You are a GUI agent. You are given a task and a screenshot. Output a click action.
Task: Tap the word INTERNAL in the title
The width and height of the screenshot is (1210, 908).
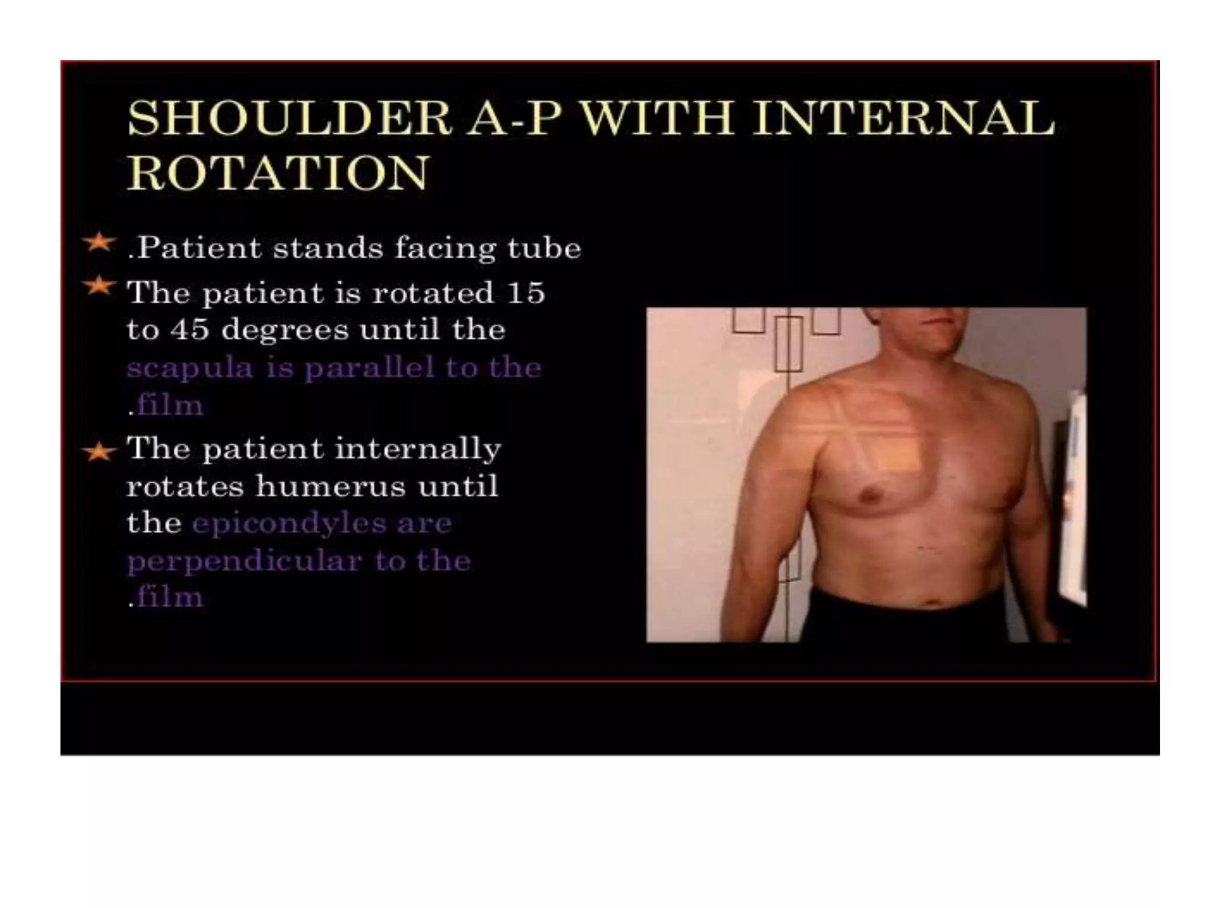coord(903,119)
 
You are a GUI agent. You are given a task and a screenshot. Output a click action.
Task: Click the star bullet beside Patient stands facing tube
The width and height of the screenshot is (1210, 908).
coord(98,242)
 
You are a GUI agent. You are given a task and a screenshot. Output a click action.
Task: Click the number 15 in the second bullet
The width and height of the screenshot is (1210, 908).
coord(525,293)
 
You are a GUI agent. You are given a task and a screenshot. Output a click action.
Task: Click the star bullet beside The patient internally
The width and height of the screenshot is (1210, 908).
coord(98,452)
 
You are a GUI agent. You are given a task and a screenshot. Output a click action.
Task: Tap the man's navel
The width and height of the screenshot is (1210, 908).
coord(933,603)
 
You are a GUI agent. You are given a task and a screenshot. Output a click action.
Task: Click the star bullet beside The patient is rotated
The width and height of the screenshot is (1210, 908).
coord(98,286)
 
